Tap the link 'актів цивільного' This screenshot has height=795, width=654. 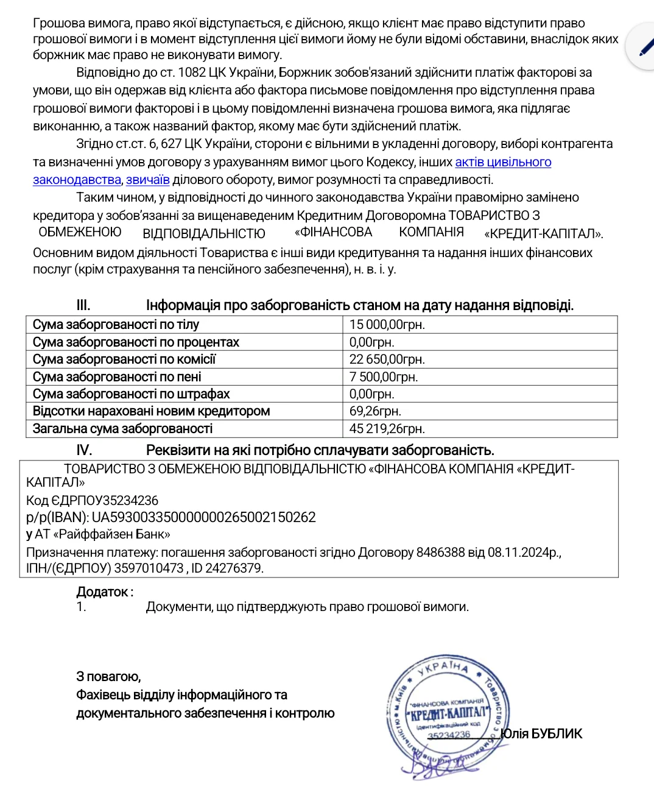click(x=503, y=162)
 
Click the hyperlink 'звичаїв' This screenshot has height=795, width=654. click(x=147, y=180)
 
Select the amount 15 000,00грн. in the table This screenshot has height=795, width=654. click(x=387, y=325)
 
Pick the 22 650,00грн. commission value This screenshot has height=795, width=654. click(x=387, y=359)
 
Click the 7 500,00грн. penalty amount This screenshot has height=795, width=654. click(x=383, y=377)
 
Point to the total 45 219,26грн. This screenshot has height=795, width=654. click(x=387, y=429)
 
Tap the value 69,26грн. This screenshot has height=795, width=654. click(x=375, y=411)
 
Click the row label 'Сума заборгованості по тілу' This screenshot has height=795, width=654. click(x=116, y=325)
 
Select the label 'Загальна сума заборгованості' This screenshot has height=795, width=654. click(x=122, y=429)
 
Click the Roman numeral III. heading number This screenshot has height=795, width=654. click(x=83, y=305)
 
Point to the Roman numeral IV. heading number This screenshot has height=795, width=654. click(x=83, y=450)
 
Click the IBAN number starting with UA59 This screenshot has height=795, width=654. click(x=203, y=517)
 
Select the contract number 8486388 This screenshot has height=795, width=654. click(x=440, y=553)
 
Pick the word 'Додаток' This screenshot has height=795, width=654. click(x=102, y=592)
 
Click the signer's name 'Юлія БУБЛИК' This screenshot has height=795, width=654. click(x=541, y=733)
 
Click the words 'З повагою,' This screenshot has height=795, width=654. click(x=108, y=676)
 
